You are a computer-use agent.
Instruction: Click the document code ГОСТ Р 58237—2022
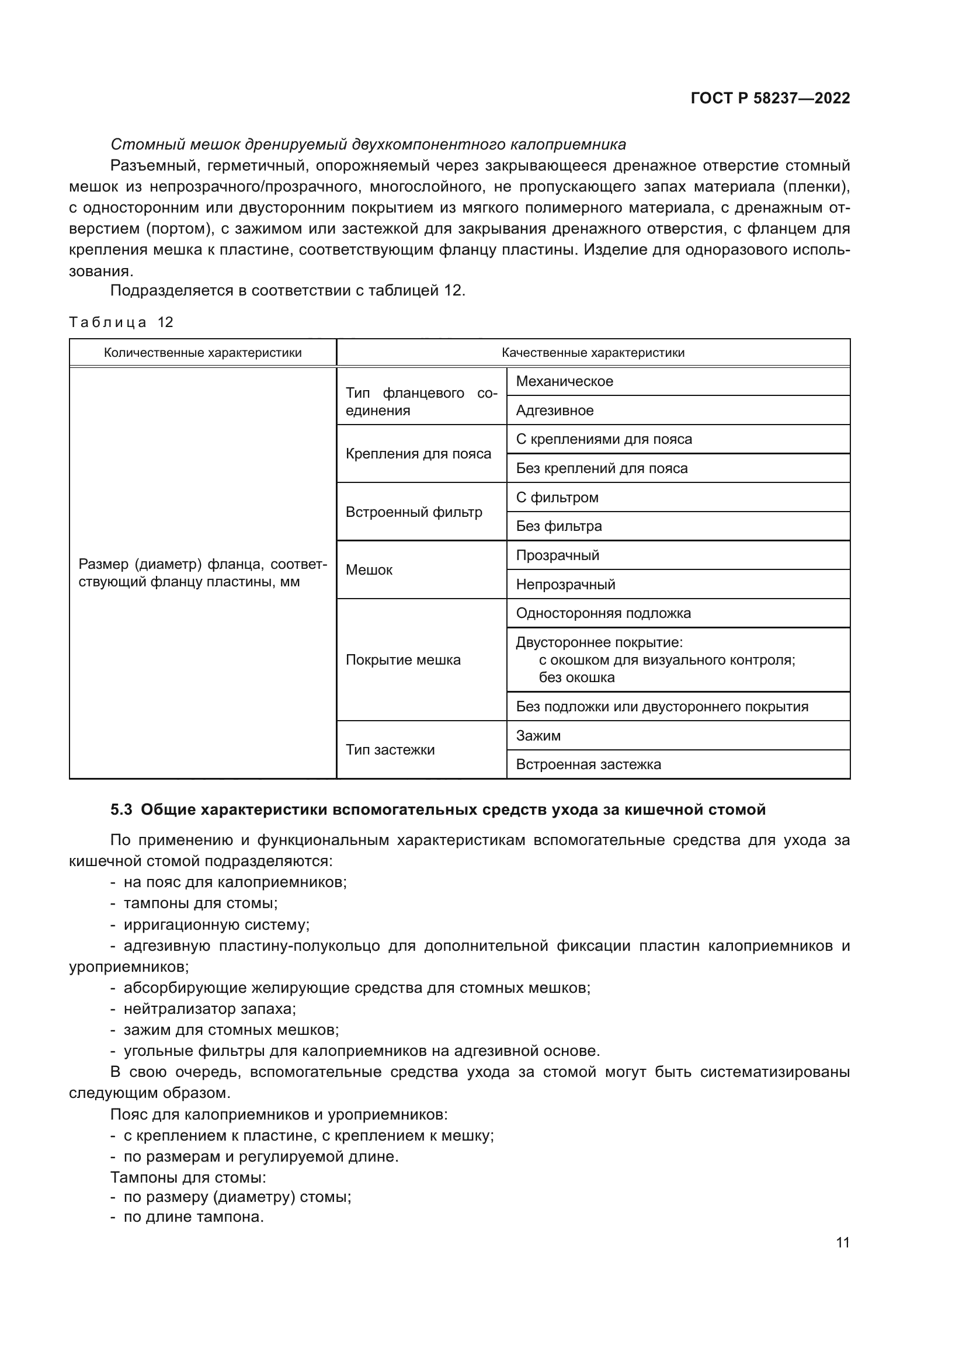point(770,98)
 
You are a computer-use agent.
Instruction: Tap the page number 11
point(842,1242)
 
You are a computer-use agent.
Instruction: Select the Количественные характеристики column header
point(202,353)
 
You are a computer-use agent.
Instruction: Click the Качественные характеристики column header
point(592,353)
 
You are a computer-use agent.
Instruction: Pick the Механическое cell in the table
point(564,381)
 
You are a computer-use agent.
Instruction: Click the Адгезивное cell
point(554,411)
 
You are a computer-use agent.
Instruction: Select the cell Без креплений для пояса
point(602,468)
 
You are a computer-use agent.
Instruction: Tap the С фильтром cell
point(557,498)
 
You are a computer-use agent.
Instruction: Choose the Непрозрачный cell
point(565,584)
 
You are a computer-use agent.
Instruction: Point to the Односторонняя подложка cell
point(603,613)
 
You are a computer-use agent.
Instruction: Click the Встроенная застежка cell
point(588,764)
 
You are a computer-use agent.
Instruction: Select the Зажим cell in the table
point(538,736)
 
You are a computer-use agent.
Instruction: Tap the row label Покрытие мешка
point(403,660)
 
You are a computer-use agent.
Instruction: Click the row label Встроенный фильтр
point(413,512)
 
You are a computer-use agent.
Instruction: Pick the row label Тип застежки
point(390,750)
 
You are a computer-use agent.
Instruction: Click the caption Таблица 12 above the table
point(121,322)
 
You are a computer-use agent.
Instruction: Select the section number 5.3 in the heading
point(122,809)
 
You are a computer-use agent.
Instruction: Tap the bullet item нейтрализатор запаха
point(210,1009)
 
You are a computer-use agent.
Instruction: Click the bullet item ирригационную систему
point(216,925)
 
